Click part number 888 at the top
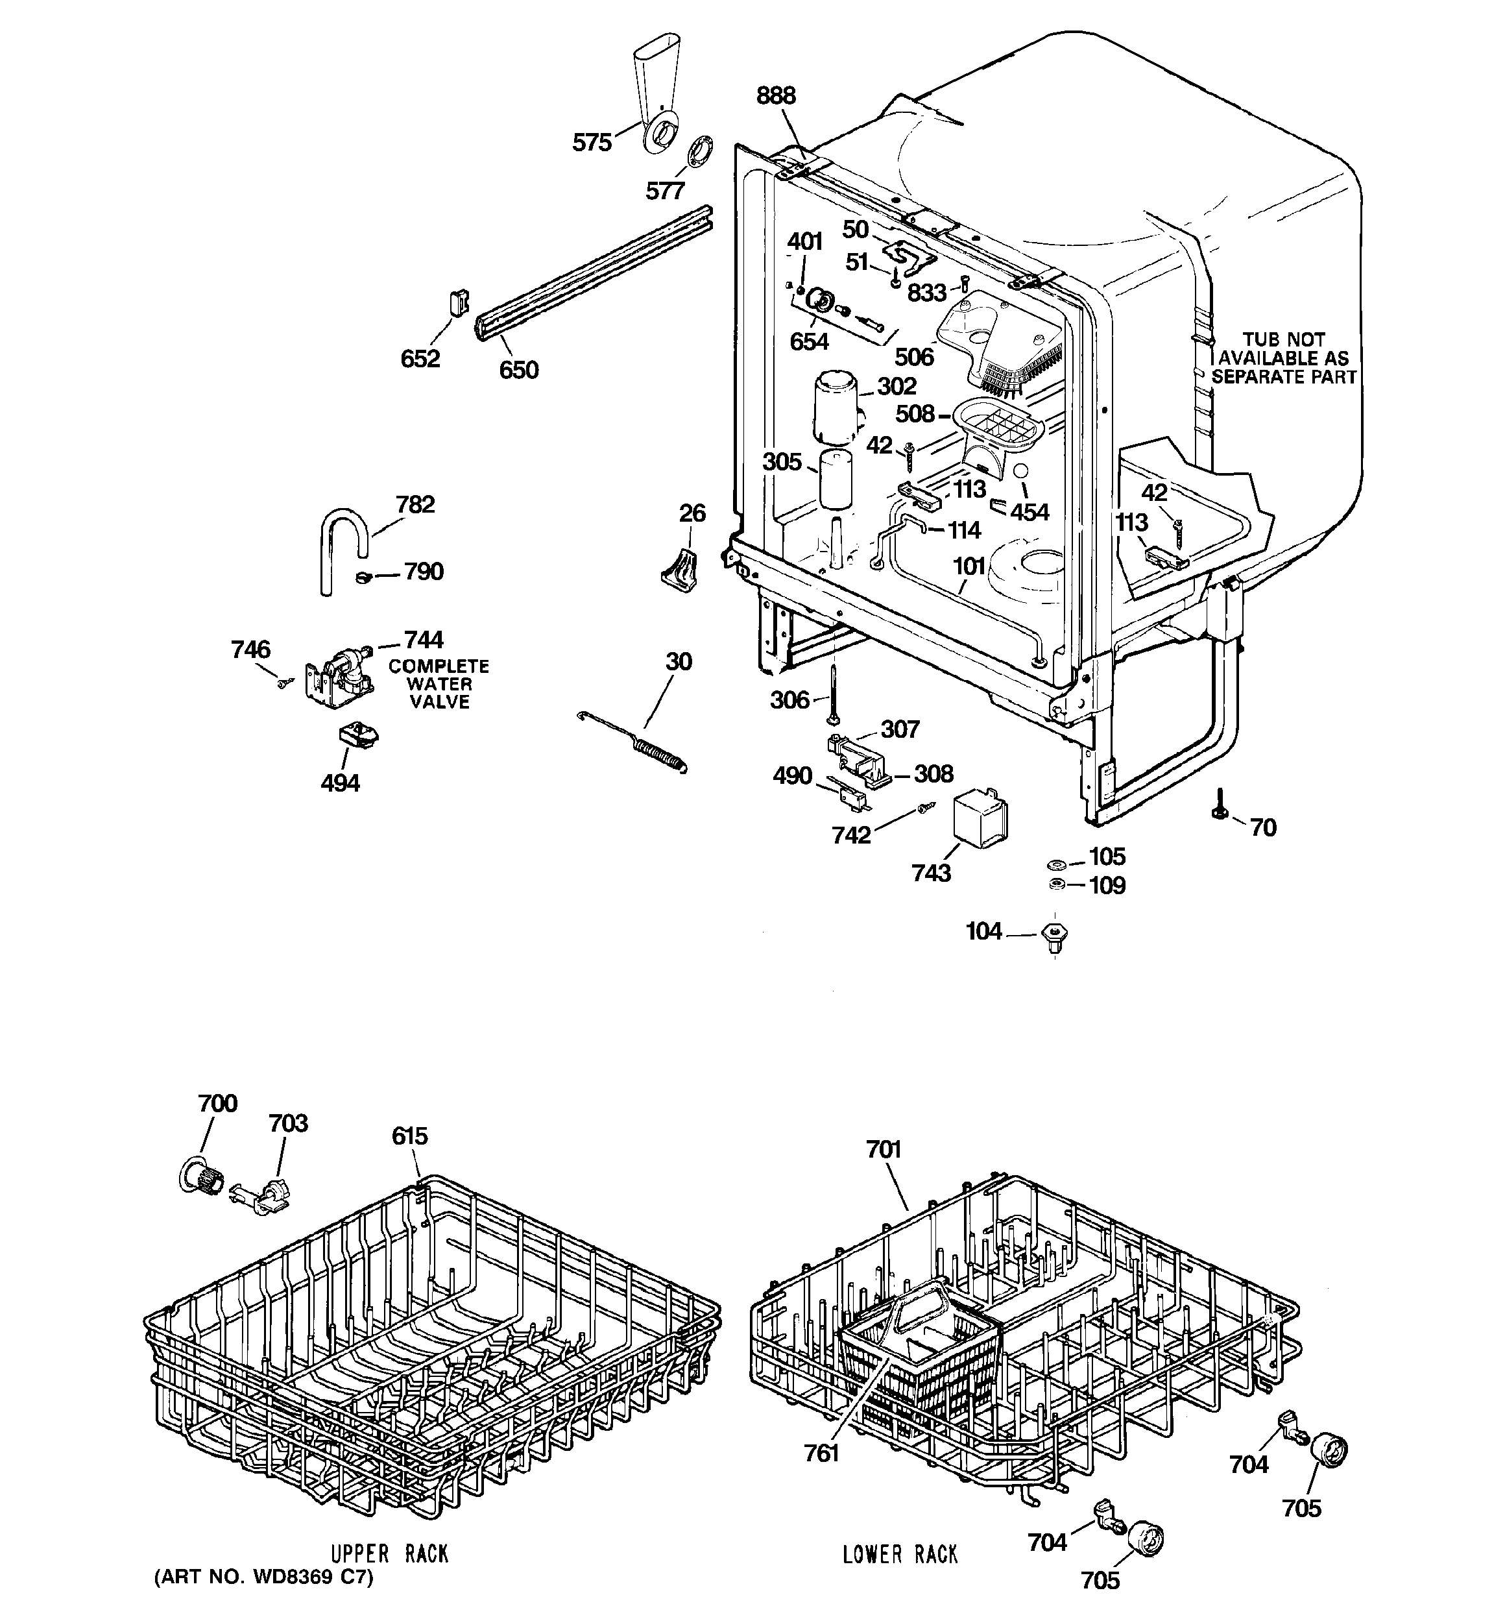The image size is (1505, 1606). (775, 95)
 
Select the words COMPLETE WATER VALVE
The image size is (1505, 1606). (439, 684)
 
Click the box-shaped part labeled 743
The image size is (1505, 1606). (981, 818)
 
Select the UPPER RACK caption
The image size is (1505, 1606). (389, 1553)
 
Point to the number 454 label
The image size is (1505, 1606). (1029, 511)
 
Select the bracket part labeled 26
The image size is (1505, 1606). (679, 570)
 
